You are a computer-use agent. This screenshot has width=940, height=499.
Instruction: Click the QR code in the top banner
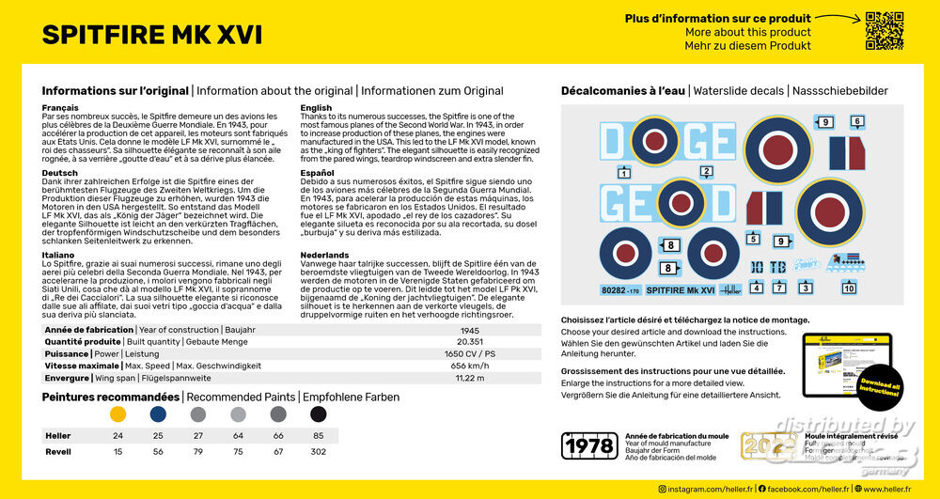click(884, 30)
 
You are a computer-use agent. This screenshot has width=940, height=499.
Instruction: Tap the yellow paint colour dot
click(117, 413)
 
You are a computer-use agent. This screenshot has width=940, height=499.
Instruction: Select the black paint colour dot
click(319, 413)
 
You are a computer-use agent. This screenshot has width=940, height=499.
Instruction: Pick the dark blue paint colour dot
click(158, 413)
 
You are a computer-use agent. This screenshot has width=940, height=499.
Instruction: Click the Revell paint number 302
click(319, 452)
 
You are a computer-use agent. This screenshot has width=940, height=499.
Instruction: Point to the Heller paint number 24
click(117, 436)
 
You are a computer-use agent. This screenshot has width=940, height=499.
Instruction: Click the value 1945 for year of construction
click(469, 330)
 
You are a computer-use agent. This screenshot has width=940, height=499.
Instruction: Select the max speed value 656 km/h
click(469, 366)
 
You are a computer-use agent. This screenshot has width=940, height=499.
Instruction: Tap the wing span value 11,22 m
click(469, 378)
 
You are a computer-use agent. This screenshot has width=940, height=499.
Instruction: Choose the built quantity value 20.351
click(469, 342)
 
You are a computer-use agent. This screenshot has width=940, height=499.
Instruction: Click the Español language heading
click(318, 174)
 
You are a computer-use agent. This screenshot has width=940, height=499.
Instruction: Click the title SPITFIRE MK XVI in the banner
click(152, 35)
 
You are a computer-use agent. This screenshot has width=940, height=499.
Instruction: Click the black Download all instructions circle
click(879, 386)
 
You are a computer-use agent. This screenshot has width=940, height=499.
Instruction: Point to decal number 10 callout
click(849, 288)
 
